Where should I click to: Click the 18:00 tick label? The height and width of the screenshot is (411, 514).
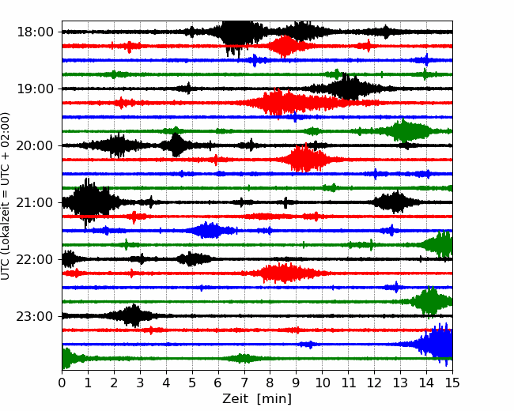point(35,32)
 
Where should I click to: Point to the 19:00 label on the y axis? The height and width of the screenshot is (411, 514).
point(35,89)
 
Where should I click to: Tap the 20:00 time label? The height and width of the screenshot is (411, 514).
point(35,145)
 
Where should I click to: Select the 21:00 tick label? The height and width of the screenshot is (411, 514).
point(35,202)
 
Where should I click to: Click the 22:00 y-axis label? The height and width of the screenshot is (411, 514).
point(35,259)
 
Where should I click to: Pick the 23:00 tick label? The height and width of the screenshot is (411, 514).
point(35,316)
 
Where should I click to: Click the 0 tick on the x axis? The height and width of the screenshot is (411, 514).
point(62,383)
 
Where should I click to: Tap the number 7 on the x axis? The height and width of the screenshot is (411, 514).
point(244,383)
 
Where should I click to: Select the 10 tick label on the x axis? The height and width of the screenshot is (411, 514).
point(322,383)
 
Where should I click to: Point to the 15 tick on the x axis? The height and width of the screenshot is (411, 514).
point(452,383)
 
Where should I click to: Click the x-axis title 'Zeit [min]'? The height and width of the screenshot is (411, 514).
point(257,399)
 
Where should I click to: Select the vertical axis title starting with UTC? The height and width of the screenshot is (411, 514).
point(6,196)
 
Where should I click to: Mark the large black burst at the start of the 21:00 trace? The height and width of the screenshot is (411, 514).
point(89,202)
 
